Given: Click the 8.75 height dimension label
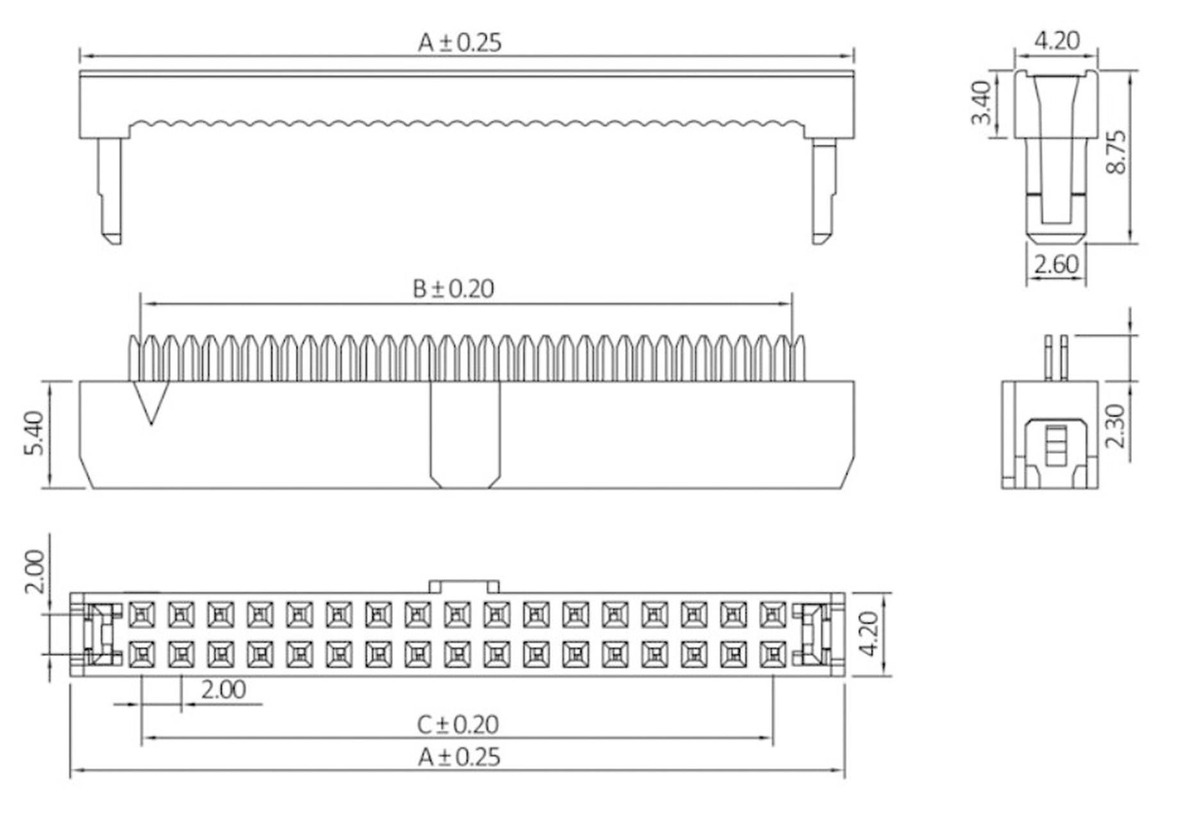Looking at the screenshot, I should (1116, 152).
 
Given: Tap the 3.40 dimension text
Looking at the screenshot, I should (981, 103).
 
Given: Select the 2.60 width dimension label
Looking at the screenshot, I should (1056, 265).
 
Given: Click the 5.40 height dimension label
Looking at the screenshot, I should (34, 433).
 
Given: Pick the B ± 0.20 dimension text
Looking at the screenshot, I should (453, 289).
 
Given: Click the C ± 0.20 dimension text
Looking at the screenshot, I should (457, 725).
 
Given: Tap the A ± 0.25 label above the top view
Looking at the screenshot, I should (460, 43).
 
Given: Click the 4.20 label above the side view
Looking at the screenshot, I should (1056, 41).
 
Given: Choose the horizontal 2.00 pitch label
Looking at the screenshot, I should (223, 690).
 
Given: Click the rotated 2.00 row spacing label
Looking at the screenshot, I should (34, 571).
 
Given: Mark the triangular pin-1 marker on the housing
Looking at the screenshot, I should (151, 400).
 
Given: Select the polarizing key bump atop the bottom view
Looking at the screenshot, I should (463, 586).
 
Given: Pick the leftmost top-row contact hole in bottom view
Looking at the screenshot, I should (141, 614).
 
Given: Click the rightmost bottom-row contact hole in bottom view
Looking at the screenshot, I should (773, 654).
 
